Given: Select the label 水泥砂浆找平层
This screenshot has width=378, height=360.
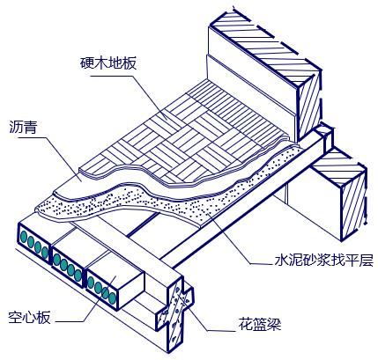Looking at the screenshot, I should point(320,261).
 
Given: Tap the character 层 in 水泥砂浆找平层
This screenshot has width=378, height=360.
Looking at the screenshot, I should point(368,261).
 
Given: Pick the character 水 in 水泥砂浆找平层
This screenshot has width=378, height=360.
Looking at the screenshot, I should point(272,261).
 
